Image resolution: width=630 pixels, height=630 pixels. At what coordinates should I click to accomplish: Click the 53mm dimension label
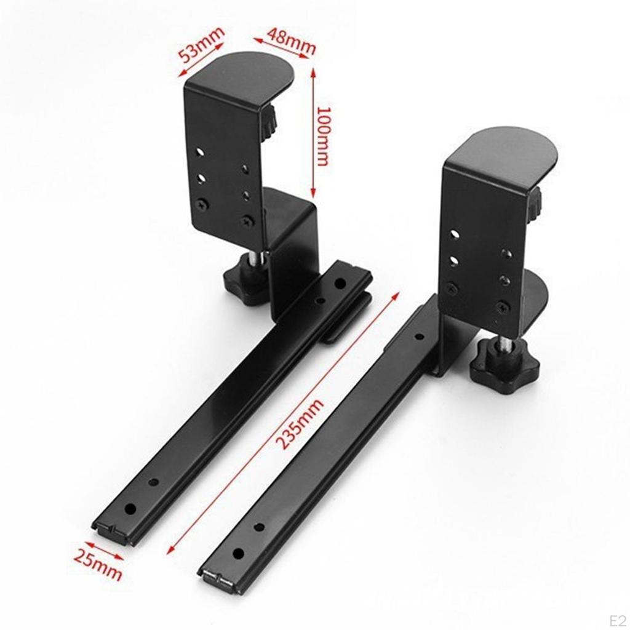coord(201,45)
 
